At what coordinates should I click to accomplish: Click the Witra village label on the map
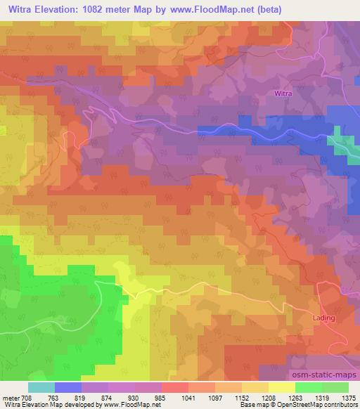click(x=282, y=93)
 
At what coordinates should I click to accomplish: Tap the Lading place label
click(x=323, y=318)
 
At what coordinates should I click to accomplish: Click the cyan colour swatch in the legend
click(x=41, y=387)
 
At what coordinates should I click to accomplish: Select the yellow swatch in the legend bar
click(x=282, y=387)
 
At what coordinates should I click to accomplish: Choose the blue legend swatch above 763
click(x=68, y=387)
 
